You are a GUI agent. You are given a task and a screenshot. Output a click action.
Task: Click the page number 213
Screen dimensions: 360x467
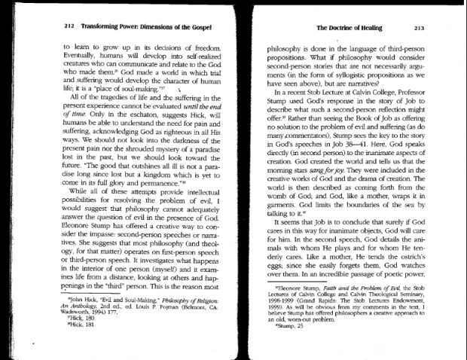[420, 29]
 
